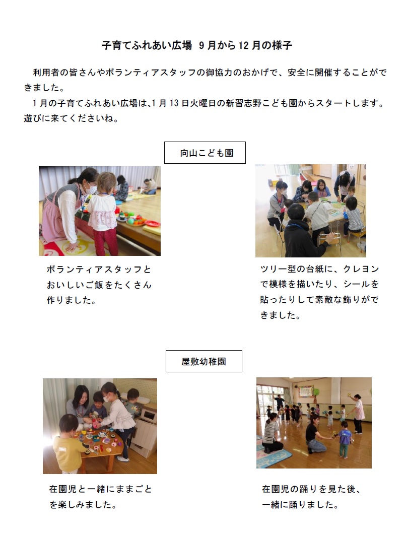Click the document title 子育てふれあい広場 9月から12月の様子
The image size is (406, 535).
coord(197,46)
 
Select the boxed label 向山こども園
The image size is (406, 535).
coord(205,153)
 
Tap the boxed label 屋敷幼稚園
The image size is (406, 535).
coord(204,361)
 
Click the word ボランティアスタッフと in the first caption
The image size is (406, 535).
coord(99,270)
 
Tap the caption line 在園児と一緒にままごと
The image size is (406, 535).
coord(100,489)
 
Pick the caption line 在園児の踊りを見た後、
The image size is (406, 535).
coord(311,489)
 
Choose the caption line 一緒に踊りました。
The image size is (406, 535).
coord(299,504)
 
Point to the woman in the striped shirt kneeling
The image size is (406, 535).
coord(272,433)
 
